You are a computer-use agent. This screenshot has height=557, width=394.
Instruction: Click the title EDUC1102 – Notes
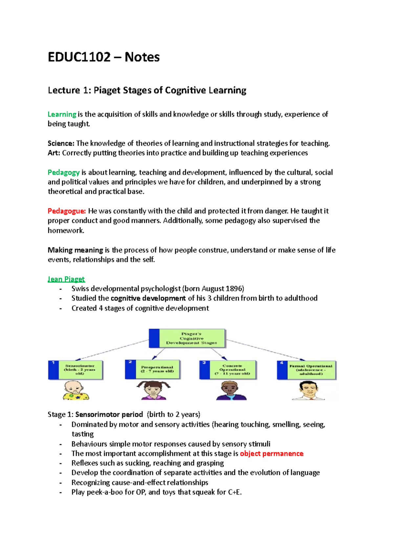(x=103, y=57)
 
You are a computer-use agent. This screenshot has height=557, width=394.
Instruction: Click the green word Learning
(x=62, y=114)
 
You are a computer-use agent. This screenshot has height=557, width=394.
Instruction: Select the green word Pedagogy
(x=64, y=172)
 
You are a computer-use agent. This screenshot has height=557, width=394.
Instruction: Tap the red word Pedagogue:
(x=67, y=211)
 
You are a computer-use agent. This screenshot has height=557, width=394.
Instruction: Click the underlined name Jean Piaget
(x=66, y=279)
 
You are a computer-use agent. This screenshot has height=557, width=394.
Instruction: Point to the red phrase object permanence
(x=272, y=453)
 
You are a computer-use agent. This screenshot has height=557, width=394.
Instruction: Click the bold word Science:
(x=61, y=143)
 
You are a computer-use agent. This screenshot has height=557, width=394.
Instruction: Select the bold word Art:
(x=54, y=153)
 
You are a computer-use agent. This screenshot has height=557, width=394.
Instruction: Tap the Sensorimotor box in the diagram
(x=76, y=370)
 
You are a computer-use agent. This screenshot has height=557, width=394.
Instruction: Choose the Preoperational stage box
(x=153, y=369)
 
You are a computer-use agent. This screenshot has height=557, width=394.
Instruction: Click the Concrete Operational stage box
(x=228, y=370)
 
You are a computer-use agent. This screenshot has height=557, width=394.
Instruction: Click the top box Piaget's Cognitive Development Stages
(x=187, y=338)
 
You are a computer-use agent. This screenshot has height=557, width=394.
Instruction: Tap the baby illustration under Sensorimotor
(x=76, y=390)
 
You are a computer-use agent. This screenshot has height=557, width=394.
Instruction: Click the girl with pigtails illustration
(x=153, y=390)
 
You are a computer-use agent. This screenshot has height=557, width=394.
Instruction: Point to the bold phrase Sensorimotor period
(x=109, y=414)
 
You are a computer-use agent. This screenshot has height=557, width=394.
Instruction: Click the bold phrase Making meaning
(x=75, y=250)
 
